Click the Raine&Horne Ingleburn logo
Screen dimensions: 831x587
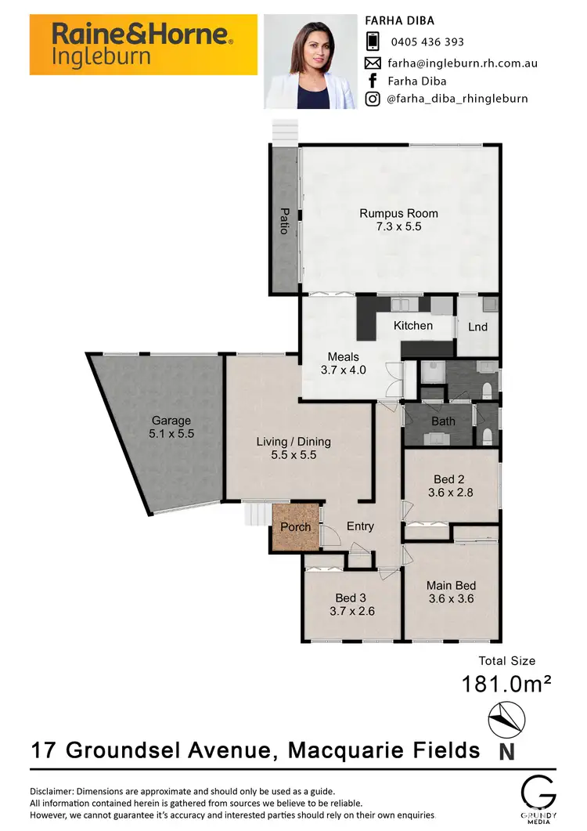point(143,45)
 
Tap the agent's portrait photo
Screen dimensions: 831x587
point(311,62)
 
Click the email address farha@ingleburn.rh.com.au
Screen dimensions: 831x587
point(462,63)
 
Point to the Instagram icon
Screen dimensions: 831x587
point(373,99)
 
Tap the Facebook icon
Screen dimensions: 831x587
point(373,81)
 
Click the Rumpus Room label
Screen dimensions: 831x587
point(398,213)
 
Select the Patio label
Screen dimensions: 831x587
point(285,221)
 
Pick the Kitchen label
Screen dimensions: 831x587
point(413,326)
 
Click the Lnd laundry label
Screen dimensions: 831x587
point(477,326)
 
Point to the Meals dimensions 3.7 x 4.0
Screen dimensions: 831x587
point(344,370)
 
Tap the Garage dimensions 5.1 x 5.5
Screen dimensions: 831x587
point(171,432)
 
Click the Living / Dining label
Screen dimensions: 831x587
point(293,442)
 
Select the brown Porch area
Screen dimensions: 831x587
point(296,527)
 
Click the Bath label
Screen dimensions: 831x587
point(443,421)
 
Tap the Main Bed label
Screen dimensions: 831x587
point(451,585)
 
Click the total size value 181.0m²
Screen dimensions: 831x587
point(506,684)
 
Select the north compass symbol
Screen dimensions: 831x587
point(507,719)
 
